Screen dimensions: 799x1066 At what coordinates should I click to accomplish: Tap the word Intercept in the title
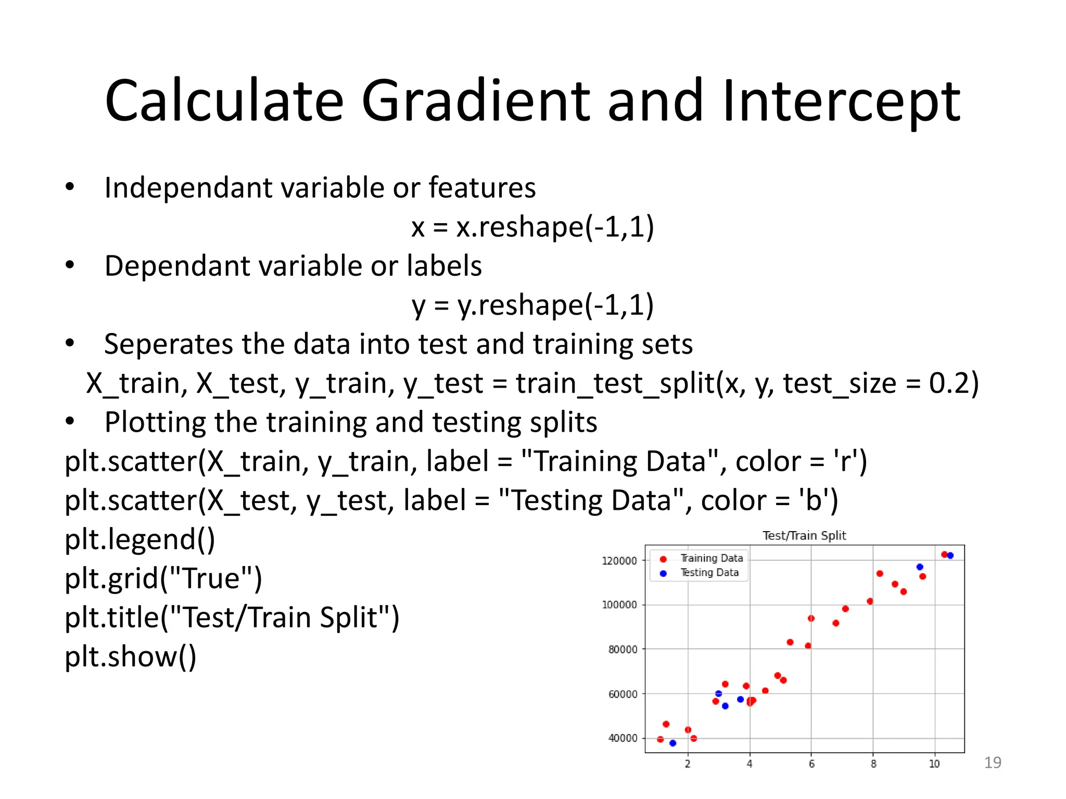point(841,101)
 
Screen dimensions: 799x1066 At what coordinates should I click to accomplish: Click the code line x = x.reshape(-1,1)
point(532,227)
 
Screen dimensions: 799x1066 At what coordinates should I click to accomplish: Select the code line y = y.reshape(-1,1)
point(532,305)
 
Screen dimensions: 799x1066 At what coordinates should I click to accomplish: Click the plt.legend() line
point(139,539)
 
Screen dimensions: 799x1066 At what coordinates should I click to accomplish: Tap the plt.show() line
point(130,656)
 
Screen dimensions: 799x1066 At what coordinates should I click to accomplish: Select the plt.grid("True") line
point(163,578)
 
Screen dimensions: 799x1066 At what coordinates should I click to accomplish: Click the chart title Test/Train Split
point(804,535)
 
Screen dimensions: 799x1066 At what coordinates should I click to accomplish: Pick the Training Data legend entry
point(711,558)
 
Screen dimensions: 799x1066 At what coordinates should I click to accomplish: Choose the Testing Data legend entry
point(709,573)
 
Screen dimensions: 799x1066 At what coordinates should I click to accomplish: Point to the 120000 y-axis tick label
point(619,561)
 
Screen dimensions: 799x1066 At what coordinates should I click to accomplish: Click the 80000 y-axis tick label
point(622,649)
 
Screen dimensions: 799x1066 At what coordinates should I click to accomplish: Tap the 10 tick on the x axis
point(934,764)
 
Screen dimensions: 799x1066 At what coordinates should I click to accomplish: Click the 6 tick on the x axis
point(811,764)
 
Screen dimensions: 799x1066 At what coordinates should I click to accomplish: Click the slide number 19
point(993,763)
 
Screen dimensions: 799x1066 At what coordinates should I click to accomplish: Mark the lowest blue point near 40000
point(672,743)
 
